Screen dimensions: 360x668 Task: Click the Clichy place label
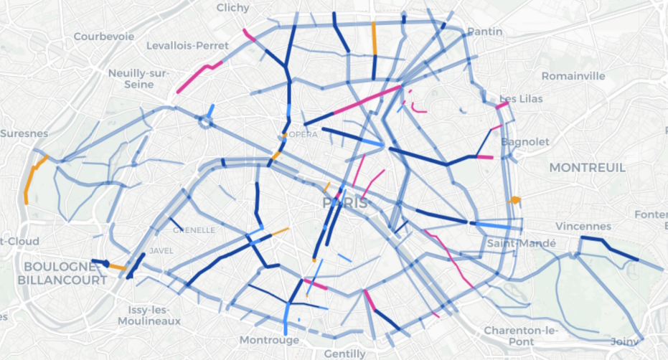point(233,8)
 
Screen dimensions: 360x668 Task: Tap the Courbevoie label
point(103,36)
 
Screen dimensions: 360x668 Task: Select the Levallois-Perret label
point(187,46)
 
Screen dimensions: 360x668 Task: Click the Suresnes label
point(24,133)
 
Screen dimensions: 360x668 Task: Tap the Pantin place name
point(484,32)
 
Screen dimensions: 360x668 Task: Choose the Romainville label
point(573,76)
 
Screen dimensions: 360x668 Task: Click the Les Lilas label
point(521,98)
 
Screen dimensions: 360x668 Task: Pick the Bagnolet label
point(525,142)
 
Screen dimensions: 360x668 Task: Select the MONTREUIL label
point(587,167)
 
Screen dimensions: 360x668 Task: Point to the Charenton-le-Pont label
point(521,336)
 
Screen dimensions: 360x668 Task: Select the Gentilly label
point(344,354)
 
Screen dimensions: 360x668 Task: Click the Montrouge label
point(269,339)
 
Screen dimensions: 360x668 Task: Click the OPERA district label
point(301,135)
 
